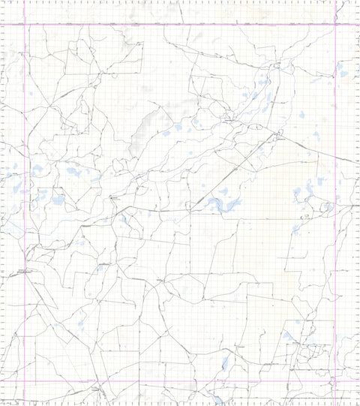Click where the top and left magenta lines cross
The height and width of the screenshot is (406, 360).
[26, 25]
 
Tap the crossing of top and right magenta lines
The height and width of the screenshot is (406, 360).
[334, 25]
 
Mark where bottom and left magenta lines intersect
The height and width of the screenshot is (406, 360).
[26, 381]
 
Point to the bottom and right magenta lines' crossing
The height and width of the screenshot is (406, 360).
[334, 381]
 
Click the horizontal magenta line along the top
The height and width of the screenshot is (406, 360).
[180, 25]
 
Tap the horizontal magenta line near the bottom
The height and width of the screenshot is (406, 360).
[180, 381]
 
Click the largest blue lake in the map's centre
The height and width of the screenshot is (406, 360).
[219, 203]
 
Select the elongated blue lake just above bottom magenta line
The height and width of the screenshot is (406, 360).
[224, 366]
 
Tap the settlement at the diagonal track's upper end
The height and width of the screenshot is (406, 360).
[278, 136]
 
